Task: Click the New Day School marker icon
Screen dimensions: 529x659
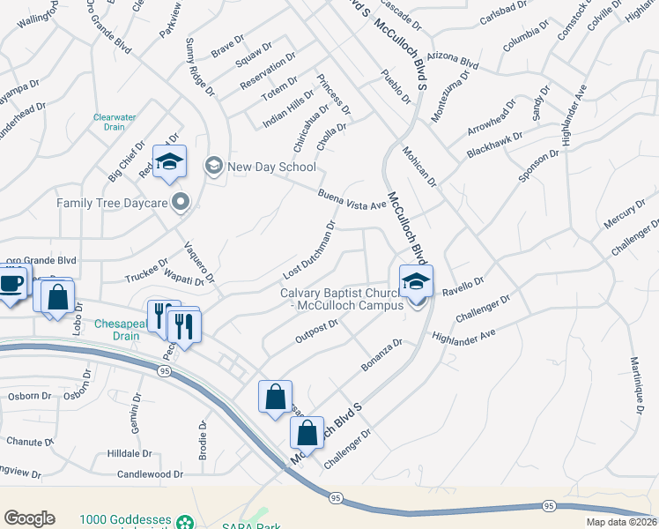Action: [x=213, y=166]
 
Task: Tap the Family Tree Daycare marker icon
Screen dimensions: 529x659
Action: [x=181, y=203]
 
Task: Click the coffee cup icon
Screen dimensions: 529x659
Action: [x=11, y=285]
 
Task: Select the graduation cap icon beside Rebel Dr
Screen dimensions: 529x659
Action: [x=167, y=161]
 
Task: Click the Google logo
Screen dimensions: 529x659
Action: [x=29, y=518]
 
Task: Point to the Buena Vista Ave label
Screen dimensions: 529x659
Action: [x=352, y=199]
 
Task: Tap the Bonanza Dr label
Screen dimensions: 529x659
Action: [x=381, y=354]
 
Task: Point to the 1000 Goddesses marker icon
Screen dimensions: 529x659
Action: [x=184, y=520]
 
